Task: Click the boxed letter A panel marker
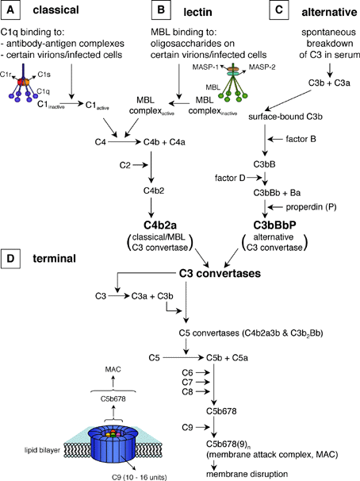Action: [11, 10]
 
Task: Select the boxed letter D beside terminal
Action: [11, 258]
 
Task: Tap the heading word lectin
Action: [197, 12]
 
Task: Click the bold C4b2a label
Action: [160, 225]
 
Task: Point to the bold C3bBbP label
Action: [275, 225]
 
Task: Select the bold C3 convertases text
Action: [220, 273]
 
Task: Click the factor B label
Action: [301, 139]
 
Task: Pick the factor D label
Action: [230, 178]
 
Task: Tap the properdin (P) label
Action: [311, 207]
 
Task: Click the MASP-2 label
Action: [262, 67]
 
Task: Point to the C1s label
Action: [44, 75]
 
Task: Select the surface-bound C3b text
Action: [285, 117]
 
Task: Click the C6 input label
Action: [187, 373]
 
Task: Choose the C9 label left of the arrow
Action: [187, 427]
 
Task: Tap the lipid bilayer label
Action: [42, 450]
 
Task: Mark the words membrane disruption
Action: [247, 474]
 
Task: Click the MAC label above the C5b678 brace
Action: [113, 369]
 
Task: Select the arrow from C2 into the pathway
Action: [140, 165]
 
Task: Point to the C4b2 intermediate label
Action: [154, 190]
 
